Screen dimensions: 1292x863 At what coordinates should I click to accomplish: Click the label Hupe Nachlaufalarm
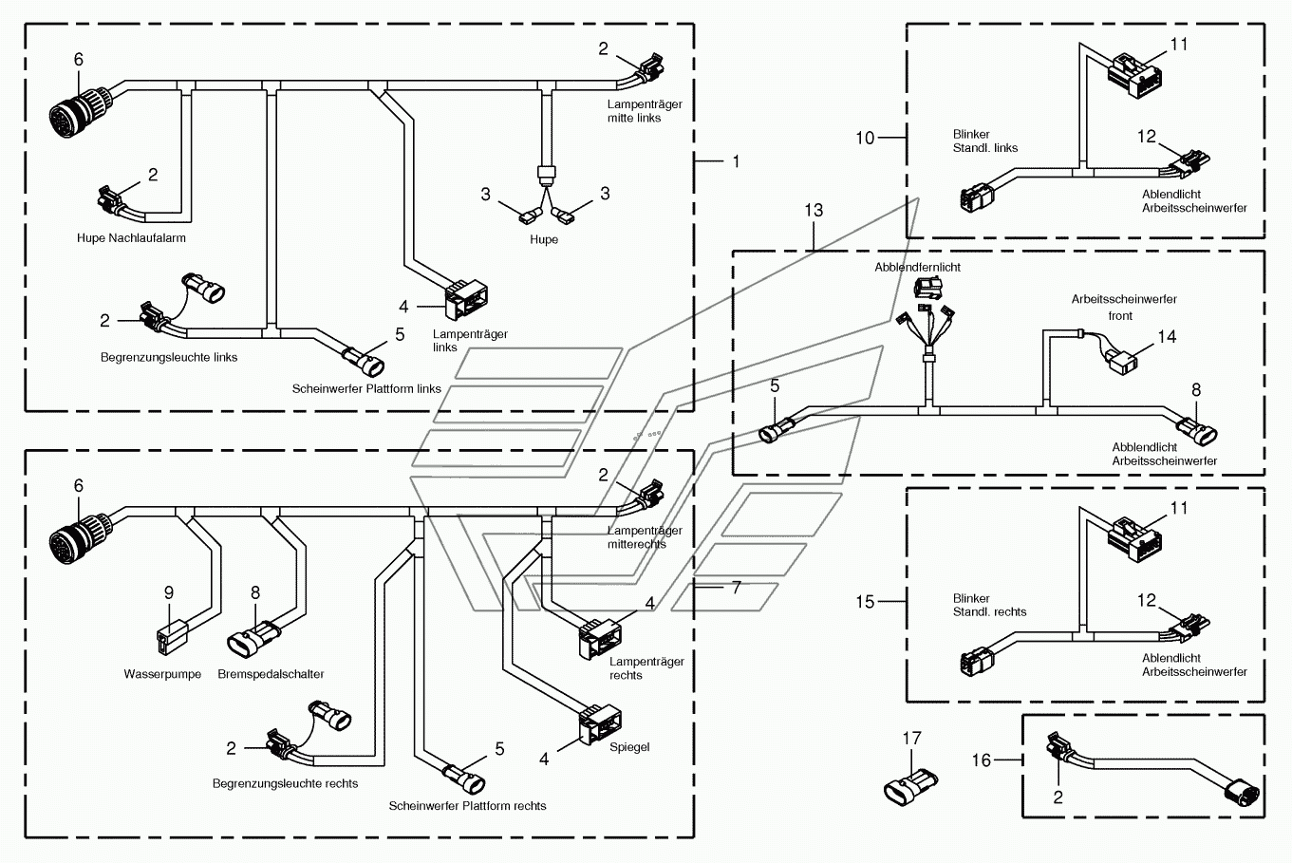(x=132, y=237)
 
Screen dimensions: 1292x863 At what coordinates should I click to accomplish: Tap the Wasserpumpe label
(x=162, y=674)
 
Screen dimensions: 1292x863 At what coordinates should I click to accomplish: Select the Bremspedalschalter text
(x=272, y=674)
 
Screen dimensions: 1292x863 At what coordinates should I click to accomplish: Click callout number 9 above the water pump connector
(x=168, y=592)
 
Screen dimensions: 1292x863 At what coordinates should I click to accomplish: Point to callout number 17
(x=912, y=738)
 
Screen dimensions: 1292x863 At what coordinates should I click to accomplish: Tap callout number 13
(x=814, y=210)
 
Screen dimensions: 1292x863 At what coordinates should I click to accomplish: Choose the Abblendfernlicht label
(x=917, y=267)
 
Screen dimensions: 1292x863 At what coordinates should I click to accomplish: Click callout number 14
(x=1167, y=336)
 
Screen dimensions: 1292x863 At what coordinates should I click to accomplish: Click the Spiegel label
(x=629, y=747)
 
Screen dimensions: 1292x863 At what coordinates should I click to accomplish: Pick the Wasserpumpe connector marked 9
(x=172, y=637)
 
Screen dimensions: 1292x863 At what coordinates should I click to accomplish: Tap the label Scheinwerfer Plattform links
(x=366, y=389)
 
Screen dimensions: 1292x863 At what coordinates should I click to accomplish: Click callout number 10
(x=865, y=138)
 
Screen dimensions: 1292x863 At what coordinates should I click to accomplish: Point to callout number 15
(x=865, y=602)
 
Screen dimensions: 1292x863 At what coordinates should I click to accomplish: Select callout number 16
(x=982, y=760)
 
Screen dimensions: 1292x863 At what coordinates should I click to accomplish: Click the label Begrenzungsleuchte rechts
(x=285, y=783)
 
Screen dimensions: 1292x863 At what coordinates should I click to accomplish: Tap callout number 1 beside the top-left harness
(x=736, y=161)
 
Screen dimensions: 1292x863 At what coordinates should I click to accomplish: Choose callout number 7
(x=736, y=588)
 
